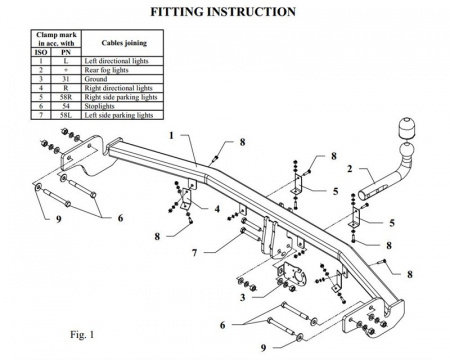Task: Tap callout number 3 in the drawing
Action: pos(243,297)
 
